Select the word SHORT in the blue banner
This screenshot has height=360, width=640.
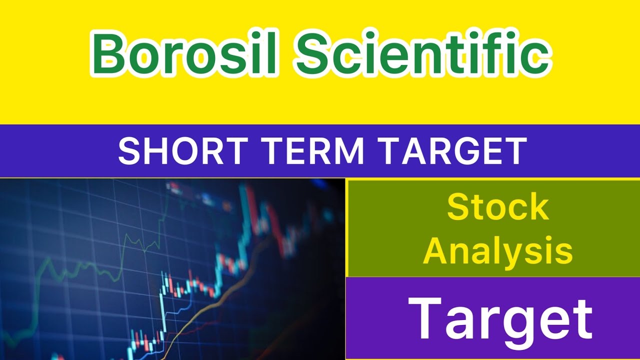(x=178, y=151)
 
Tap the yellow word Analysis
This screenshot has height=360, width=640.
(x=497, y=251)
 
